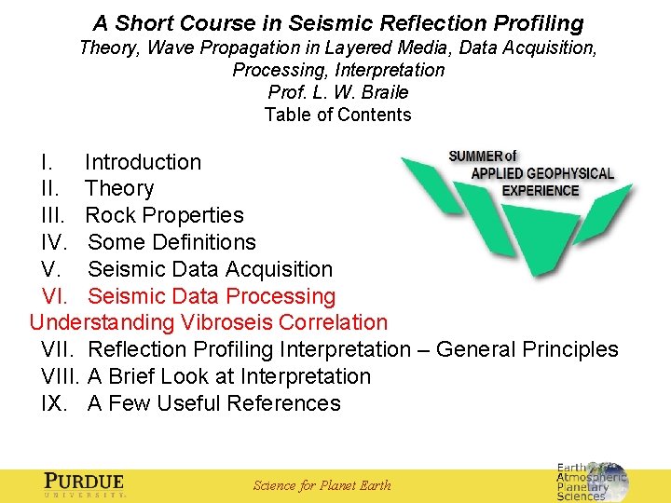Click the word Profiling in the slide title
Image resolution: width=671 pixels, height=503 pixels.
535,23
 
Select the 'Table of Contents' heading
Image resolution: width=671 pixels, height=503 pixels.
337,115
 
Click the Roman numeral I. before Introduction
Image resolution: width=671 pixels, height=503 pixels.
47,162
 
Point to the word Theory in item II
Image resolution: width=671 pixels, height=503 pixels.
119,188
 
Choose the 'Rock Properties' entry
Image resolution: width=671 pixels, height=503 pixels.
164,215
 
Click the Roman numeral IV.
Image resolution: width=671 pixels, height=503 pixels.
56,242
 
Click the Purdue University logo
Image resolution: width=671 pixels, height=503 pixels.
84,485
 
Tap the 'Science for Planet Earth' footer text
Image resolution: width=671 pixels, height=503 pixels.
322,485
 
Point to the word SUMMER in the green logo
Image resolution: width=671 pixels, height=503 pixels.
476,156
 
